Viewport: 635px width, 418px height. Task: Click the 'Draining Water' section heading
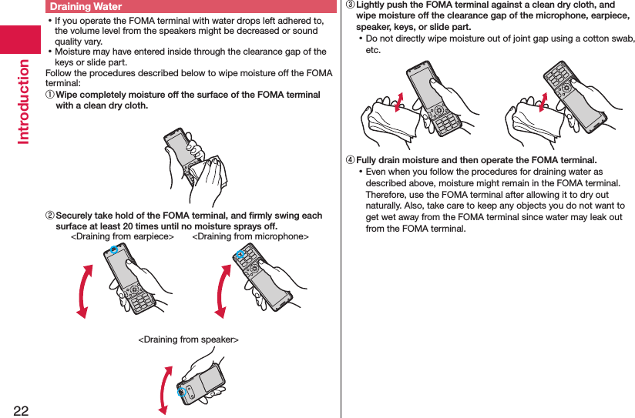(86, 7)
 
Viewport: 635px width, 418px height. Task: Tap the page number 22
(20, 409)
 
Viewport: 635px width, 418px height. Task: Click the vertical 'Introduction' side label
(23, 100)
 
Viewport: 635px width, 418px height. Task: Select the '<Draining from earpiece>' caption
(123, 237)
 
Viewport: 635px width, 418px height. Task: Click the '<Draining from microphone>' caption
(250, 237)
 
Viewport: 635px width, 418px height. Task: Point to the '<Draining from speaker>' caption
(188, 339)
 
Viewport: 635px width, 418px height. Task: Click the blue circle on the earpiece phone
(114, 251)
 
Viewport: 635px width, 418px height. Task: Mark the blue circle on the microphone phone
(240, 254)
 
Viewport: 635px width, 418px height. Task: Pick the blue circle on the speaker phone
(183, 393)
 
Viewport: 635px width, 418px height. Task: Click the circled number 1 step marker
(50, 95)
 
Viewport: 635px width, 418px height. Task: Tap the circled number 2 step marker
(50, 216)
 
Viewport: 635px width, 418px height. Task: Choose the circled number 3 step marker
(351, 5)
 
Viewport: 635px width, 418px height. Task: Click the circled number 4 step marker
(351, 160)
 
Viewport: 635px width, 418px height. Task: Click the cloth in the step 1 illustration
(208, 173)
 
